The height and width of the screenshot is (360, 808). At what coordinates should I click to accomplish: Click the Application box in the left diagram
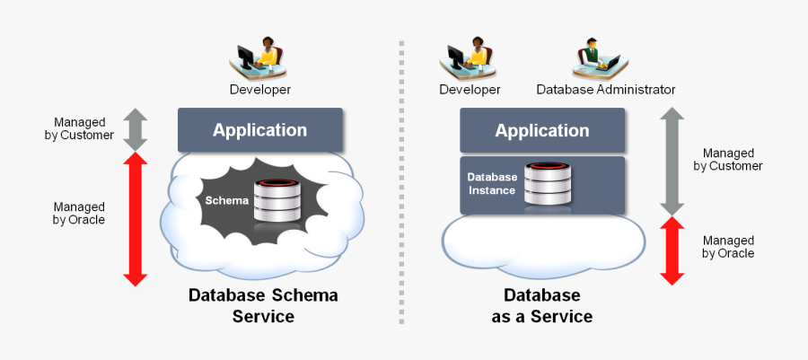(259, 130)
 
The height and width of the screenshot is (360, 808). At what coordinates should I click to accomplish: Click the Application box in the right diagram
(541, 131)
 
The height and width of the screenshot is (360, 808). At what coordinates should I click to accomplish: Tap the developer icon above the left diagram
(259, 58)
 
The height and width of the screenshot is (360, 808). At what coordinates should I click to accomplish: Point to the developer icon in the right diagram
(469, 58)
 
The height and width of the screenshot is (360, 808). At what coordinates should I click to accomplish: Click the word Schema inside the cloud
(226, 200)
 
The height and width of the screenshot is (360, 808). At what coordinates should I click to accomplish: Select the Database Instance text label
(492, 184)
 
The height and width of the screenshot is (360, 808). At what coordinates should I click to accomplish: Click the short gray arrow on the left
(135, 128)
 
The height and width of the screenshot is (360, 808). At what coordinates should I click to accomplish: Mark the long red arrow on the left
(135, 219)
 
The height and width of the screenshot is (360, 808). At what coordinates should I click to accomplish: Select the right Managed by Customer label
(727, 160)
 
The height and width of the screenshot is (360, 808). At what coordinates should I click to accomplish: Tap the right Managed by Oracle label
(728, 247)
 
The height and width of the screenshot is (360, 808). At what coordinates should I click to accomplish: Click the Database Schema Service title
(263, 305)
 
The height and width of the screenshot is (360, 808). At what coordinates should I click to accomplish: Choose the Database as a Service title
(541, 305)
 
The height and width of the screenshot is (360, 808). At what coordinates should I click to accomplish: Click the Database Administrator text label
(605, 90)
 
